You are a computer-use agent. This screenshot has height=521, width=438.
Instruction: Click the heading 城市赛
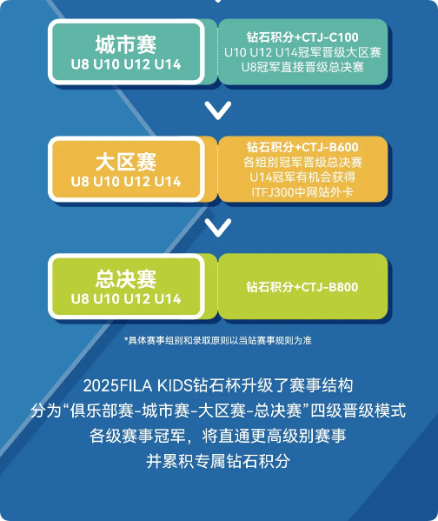pos(126,44)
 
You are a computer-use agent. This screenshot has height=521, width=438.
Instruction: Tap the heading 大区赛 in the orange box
pos(126,162)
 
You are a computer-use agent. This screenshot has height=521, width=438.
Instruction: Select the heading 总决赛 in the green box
pos(126,279)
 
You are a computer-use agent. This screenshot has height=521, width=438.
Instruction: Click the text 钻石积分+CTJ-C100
pos(302,37)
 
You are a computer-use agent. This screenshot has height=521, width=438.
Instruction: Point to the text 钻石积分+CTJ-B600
pos(302,147)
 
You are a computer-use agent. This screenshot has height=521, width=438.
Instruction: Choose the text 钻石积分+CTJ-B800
pos(302,287)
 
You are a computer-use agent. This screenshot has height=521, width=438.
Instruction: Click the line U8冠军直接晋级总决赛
pos(302,67)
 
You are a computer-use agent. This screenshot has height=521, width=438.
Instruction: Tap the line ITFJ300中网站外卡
pos(302,192)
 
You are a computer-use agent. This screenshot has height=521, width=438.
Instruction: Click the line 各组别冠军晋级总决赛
pos(302,162)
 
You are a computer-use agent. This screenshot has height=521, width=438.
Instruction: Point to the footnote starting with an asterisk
pos(218,340)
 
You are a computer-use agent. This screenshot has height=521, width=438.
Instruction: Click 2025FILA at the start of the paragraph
pos(117,386)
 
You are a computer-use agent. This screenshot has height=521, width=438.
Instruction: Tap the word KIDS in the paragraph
pos(175,386)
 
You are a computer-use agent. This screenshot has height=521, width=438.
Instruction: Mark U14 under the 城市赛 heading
pos(168,64)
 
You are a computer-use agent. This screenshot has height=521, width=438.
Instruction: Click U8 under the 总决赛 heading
pos(80,298)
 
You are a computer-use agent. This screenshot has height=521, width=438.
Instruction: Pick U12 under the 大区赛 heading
pos(136,182)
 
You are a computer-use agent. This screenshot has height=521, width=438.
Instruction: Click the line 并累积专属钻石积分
pos(218,461)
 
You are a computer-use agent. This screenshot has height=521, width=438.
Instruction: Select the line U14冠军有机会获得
pos(302,177)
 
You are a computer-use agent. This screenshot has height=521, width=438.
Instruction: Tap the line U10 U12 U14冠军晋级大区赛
pos(302,52)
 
